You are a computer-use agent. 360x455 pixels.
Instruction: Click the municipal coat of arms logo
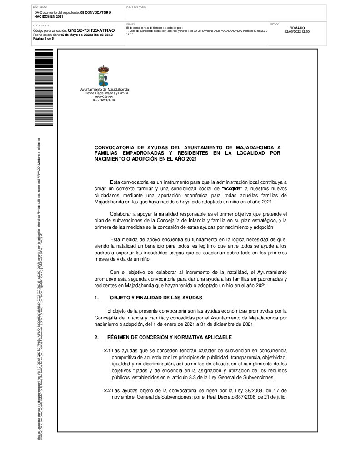click(x=104, y=76)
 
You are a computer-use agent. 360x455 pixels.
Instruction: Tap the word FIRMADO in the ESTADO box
click(x=297, y=28)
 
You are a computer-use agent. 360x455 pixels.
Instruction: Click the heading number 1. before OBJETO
click(x=96, y=298)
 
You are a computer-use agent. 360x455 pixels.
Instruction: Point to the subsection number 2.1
click(x=107, y=351)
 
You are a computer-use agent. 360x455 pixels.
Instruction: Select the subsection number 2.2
click(x=107, y=390)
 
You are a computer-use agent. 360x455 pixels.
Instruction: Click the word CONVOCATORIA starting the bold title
click(x=114, y=147)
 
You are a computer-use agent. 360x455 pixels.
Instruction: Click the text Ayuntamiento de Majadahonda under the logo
click(x=104, y=90)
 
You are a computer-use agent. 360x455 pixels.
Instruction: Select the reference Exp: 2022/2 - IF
click(x=104, y=100)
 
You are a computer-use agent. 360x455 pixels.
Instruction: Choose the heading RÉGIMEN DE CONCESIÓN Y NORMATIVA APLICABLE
click(x=169, y=337)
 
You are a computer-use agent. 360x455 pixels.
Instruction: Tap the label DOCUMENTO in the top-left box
click(x=40, y=7)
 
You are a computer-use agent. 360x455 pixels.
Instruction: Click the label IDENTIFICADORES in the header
click(x=136, y=7)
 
